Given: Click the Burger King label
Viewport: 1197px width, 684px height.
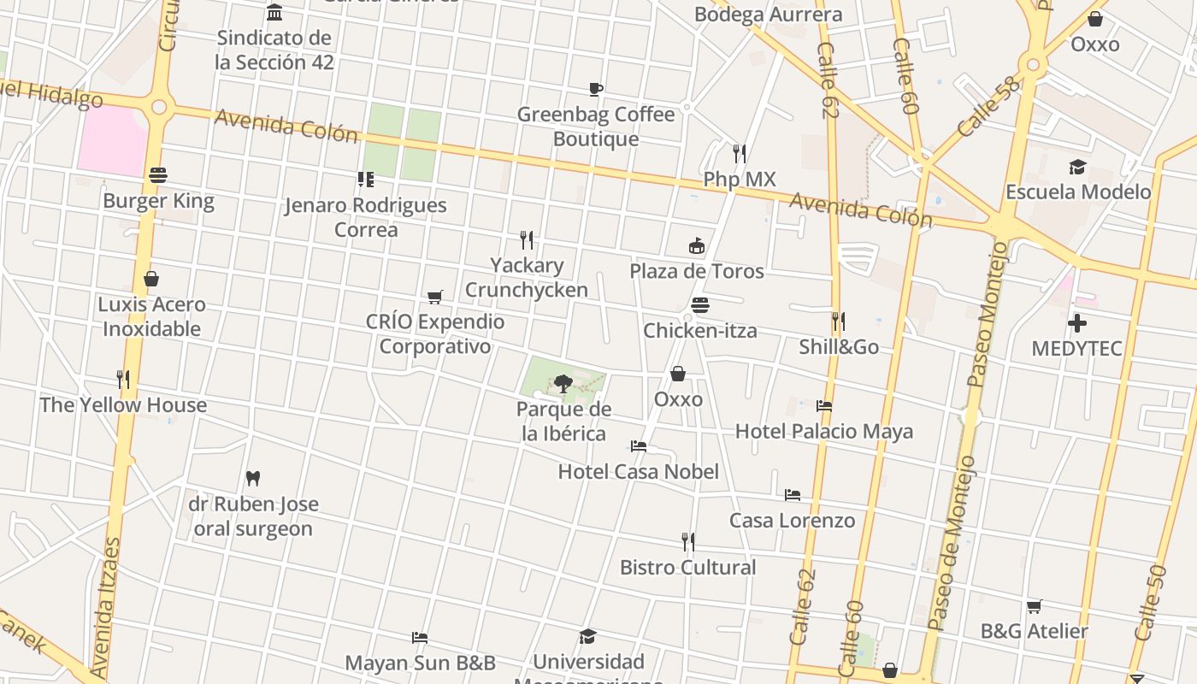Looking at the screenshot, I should (158, 201).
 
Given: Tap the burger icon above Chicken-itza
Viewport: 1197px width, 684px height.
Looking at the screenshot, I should (699, 305).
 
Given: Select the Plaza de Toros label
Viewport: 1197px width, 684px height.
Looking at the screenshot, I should (697, 271).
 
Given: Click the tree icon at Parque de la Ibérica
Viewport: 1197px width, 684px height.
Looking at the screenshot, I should (563, 383).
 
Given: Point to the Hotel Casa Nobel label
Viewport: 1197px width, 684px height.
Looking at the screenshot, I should (638, 471).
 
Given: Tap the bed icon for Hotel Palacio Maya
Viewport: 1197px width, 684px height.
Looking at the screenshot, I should (824, 406).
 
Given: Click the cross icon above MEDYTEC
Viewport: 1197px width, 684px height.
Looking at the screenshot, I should (1077, 323).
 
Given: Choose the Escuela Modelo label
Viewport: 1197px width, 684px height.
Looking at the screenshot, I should (1078, 192).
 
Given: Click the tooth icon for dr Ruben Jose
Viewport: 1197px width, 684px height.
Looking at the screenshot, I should (252, 478).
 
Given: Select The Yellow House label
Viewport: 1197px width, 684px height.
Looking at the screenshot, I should (123, 404).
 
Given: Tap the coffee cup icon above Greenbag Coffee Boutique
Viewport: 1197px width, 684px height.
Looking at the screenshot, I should (596, 89).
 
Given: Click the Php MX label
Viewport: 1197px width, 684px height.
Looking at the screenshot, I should (740, 179).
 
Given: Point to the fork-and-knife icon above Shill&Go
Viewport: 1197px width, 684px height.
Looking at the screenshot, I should (839, 321).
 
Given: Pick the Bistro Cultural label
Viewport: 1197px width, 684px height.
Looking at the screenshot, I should (687, 567).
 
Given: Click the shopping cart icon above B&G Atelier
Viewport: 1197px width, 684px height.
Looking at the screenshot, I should (1034, 607).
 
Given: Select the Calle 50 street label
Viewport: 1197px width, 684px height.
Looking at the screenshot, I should (1150, 603).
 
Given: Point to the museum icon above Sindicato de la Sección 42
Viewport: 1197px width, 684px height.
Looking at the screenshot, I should (274, 13).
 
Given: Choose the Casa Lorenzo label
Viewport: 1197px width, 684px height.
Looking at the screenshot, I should (792, 520).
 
